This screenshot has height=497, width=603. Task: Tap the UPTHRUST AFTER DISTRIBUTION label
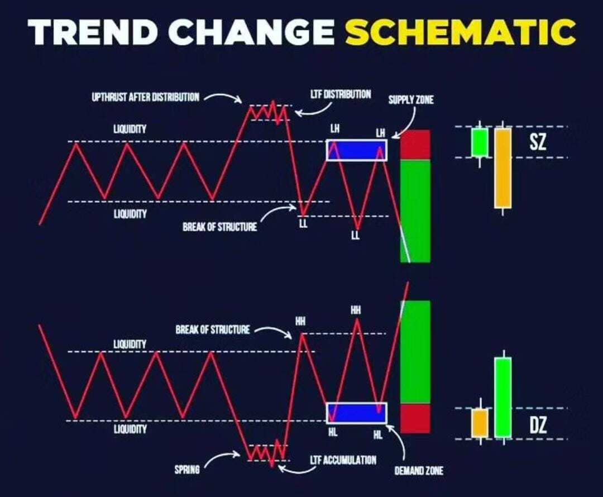(x=145, y=97)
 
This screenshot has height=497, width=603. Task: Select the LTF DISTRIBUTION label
(x=341, y=94)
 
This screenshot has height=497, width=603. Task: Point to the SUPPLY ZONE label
(x=411, y=100)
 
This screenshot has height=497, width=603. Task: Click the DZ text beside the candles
(x=538, y=425)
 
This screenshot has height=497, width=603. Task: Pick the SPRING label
(x=187, y=470)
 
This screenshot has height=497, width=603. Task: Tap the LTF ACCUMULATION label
(x=343, y=460)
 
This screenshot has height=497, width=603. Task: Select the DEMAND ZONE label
(x=419, y=470)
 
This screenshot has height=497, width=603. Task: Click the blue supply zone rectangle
(x=356, y=150)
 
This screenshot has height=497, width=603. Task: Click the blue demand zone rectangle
(x=356, y=413)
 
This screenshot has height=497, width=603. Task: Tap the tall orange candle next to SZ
(x=502, y=168)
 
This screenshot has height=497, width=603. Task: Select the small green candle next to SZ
(x=480, y=143)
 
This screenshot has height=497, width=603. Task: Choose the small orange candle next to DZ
(x=480, y=423)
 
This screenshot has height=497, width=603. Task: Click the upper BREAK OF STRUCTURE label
(x=219, y=227)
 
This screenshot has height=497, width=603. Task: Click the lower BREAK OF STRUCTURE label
(x=213, y=329)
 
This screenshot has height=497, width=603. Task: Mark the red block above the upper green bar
(x=415, y=145)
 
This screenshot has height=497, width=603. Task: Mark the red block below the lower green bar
(x=415, y=418)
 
